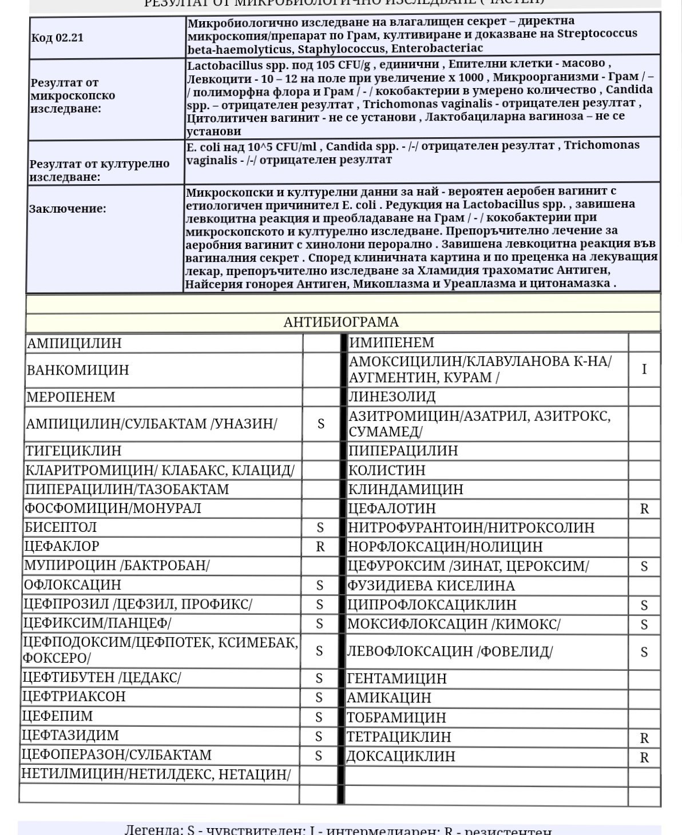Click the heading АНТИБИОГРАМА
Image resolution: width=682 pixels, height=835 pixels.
[x=341, y=322]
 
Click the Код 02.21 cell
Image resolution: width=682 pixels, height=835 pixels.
[x=57, y=38]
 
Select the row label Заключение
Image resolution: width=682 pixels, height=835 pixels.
[x=68, y=209]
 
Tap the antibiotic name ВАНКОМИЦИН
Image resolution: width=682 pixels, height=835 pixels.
[x=78, y=370]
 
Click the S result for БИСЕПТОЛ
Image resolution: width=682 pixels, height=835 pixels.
[x=320, y=527]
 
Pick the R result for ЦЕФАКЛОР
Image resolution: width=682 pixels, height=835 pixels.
[x=320, y=547]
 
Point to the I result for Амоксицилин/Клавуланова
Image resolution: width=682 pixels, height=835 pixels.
[x=644, y=369]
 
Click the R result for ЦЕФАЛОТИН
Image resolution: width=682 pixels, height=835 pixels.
[x=644, y=509]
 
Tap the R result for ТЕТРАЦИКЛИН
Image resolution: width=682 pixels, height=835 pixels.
[x=644, y=738]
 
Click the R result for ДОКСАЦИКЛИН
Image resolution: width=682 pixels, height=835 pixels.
[x=644, y=757]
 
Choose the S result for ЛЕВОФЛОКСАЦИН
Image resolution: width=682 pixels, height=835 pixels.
[x=644, y=652]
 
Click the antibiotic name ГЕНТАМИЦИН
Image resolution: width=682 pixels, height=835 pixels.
[x=397, y=678]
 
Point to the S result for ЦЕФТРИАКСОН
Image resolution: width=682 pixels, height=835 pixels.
[x=319, y=697]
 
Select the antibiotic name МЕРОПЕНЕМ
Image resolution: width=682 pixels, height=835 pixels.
[x=72, y=397]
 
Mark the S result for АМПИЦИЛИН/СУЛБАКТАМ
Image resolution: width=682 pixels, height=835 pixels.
[x=320, y=424]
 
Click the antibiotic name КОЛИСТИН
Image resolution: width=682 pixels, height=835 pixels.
[x=387, y=470]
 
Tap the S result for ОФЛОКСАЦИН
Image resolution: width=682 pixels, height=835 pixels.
[x=320, y=585]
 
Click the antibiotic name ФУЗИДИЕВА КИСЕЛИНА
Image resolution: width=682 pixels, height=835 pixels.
[x=431, y=586]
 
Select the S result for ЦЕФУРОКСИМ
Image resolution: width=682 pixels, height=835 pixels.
[x=644, y=567]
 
